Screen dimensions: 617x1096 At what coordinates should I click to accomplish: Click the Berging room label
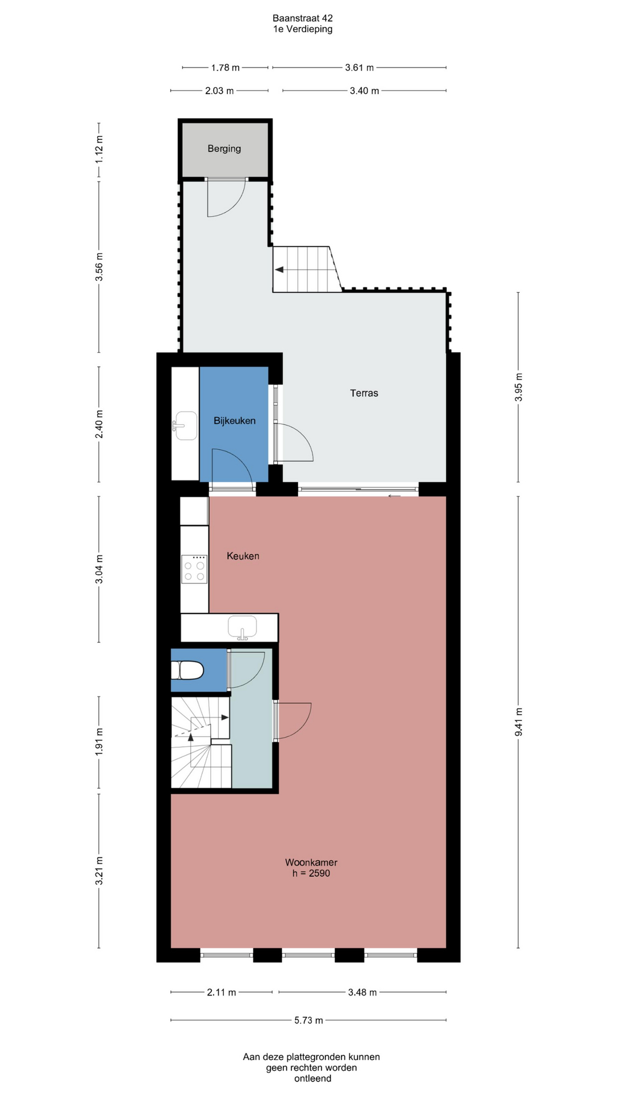point(224,148)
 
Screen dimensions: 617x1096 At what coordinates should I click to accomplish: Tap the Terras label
point(364,393)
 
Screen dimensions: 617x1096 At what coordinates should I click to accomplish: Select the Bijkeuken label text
point(234,421)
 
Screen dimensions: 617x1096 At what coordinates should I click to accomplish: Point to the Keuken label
point(243,556)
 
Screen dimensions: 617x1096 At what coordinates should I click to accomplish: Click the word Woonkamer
point(311,863)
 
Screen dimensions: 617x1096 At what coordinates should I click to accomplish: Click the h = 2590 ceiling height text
point(311,873)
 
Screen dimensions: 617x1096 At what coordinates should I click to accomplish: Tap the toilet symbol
point(187,670)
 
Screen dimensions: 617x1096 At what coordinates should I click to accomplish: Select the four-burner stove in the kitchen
point(194,569)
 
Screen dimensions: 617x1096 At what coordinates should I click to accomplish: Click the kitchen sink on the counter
point(243,627)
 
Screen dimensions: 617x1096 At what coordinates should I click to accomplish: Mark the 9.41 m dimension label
point(519,722)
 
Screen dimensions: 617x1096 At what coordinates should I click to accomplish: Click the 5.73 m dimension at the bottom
point(308,1020)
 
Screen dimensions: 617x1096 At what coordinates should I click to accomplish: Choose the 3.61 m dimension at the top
point(359,67)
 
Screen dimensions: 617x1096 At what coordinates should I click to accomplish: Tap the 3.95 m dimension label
point(519,387)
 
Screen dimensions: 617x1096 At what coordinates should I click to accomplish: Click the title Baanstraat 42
point(303,18)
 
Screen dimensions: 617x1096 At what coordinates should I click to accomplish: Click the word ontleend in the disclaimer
point(312,1078)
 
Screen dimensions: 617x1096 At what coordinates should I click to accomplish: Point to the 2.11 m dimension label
point(222,992)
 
